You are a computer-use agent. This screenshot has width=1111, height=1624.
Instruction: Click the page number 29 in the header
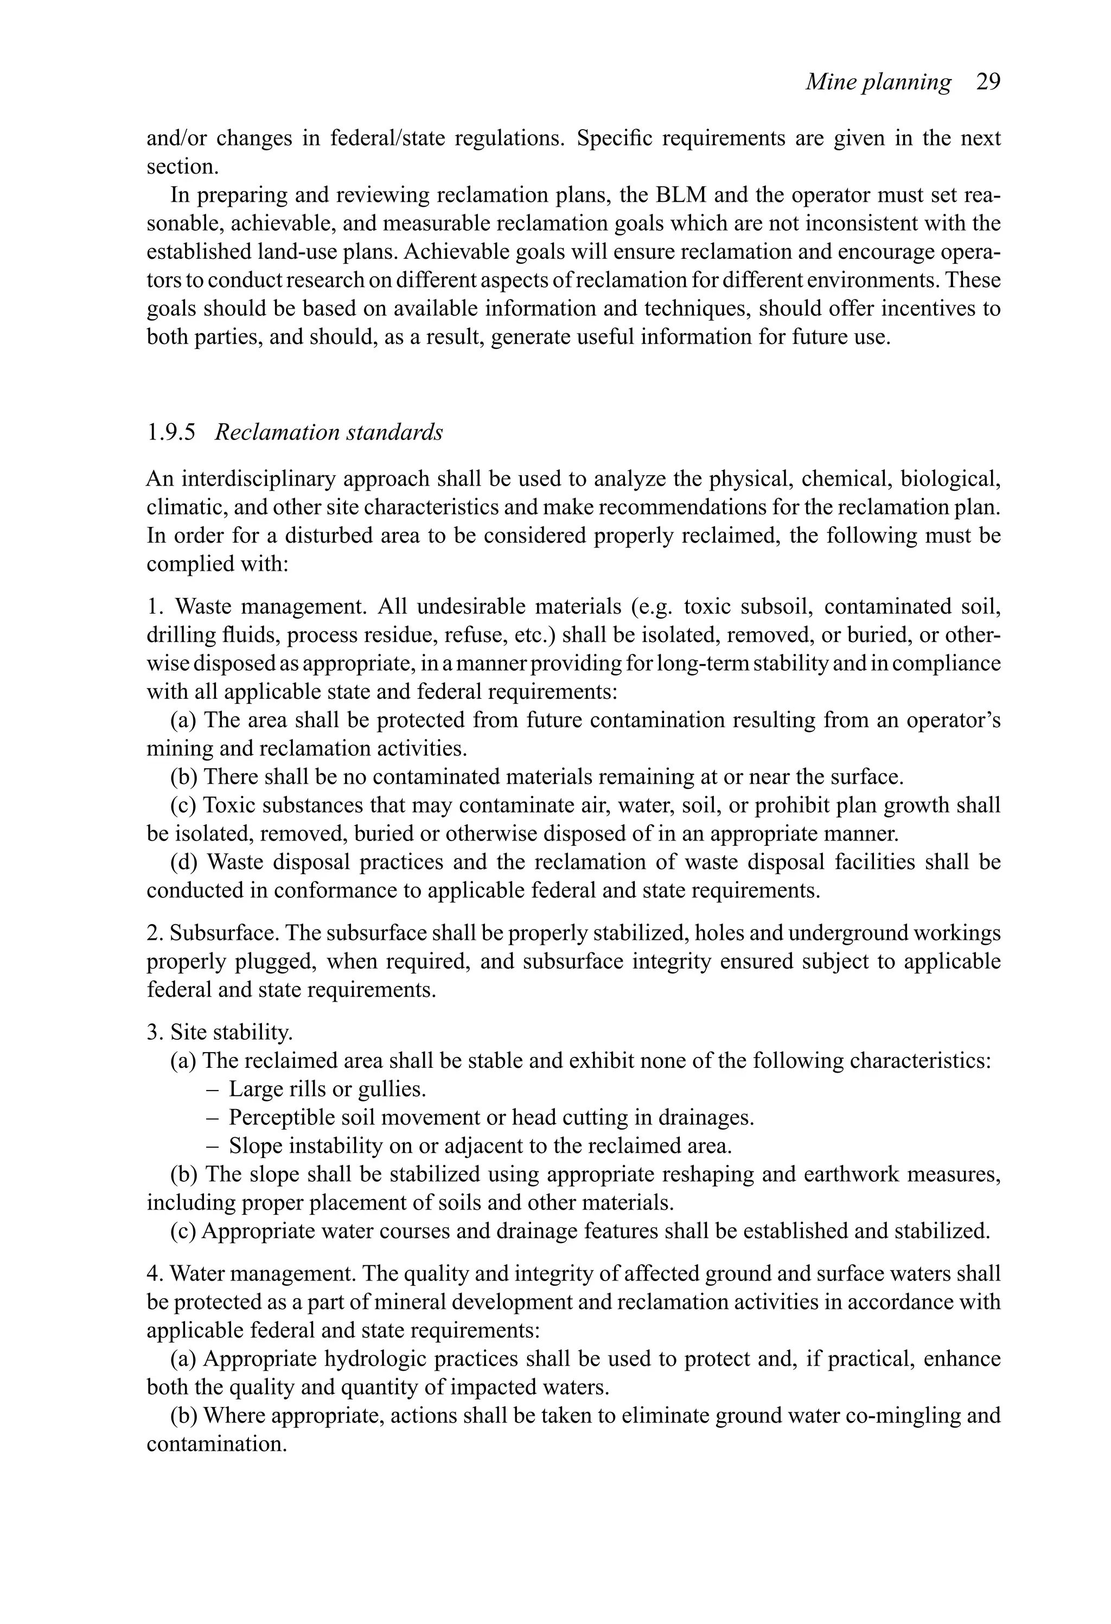click(988, 82)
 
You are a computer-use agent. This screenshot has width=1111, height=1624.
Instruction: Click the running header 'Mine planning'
click(878, 82)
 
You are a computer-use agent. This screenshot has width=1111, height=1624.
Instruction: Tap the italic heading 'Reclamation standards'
click(328, 432)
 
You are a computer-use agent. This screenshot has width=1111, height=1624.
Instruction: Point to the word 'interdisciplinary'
click(262, 479)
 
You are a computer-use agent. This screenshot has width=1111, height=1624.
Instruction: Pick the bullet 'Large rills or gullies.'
click(327, 1088)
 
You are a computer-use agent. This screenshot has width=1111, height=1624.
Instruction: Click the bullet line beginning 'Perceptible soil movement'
click(490, 1117)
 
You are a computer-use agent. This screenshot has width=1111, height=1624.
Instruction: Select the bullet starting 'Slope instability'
click(480, 1146)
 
